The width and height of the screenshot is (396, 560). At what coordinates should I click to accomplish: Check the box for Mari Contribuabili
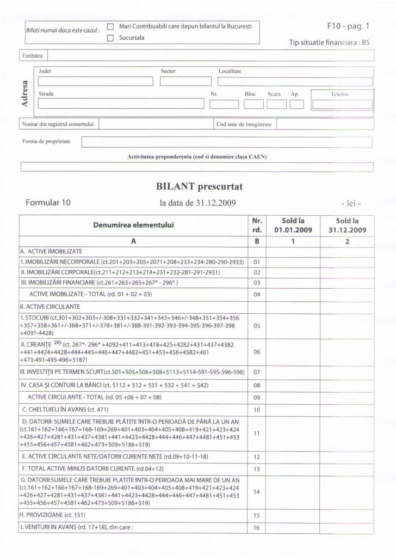tap(110, 26)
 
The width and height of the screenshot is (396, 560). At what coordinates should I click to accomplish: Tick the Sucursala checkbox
tap(110, 38)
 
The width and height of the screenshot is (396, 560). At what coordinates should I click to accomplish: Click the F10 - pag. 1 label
tap(348, 26)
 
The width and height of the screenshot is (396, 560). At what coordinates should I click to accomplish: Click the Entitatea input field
tap(211, 55)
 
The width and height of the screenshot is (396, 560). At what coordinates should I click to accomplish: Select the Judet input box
tap(95, 82)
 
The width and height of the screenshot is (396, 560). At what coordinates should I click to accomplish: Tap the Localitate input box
tap(295, 82)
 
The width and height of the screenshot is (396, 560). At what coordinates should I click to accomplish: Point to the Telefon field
tap(342, 105)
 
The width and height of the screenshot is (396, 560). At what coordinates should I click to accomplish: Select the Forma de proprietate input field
tap(226, 142)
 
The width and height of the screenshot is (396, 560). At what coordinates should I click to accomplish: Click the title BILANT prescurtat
tap(199, 187)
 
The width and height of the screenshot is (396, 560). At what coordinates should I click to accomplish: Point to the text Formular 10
tap(48, 203)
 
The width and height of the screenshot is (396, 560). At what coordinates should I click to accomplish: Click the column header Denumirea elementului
tap(133, 224)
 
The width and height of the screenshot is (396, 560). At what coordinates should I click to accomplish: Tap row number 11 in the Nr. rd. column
tap(257, 433)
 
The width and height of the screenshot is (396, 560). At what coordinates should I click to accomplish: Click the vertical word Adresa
tap(24, 94)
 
